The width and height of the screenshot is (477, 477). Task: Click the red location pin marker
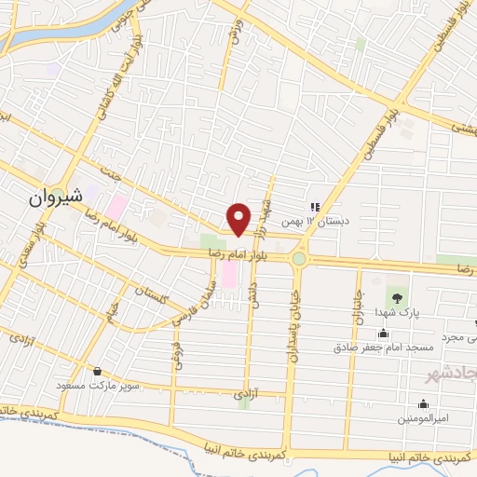(238, 219)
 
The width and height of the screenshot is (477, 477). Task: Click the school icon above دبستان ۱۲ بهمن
(315, 207)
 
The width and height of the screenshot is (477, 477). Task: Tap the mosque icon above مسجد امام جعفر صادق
(383, 334)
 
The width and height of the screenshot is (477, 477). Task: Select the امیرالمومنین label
(424, 418)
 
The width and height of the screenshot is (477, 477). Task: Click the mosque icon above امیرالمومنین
(424, 403)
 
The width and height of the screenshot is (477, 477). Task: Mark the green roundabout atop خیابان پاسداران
(298, 258)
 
